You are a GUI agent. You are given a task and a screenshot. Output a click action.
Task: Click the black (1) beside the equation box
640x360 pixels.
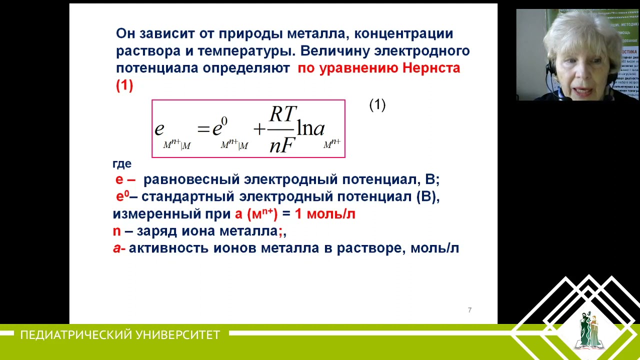377,105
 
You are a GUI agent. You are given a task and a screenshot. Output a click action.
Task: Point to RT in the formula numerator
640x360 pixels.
283,114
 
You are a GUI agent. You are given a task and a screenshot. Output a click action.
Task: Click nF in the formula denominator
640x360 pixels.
282,145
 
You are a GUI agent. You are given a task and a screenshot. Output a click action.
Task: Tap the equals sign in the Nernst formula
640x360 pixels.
203,129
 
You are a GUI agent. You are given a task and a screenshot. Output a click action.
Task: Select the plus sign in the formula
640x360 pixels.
259,129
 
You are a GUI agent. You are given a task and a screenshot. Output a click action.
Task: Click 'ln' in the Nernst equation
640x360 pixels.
304,128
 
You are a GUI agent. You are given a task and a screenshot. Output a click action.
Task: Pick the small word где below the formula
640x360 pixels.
122,164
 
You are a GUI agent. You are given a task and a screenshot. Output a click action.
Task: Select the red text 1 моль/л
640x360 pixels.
325,214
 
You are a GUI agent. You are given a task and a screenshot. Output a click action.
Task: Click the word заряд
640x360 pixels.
156,231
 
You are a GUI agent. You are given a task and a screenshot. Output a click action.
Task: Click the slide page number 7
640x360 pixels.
469,310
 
